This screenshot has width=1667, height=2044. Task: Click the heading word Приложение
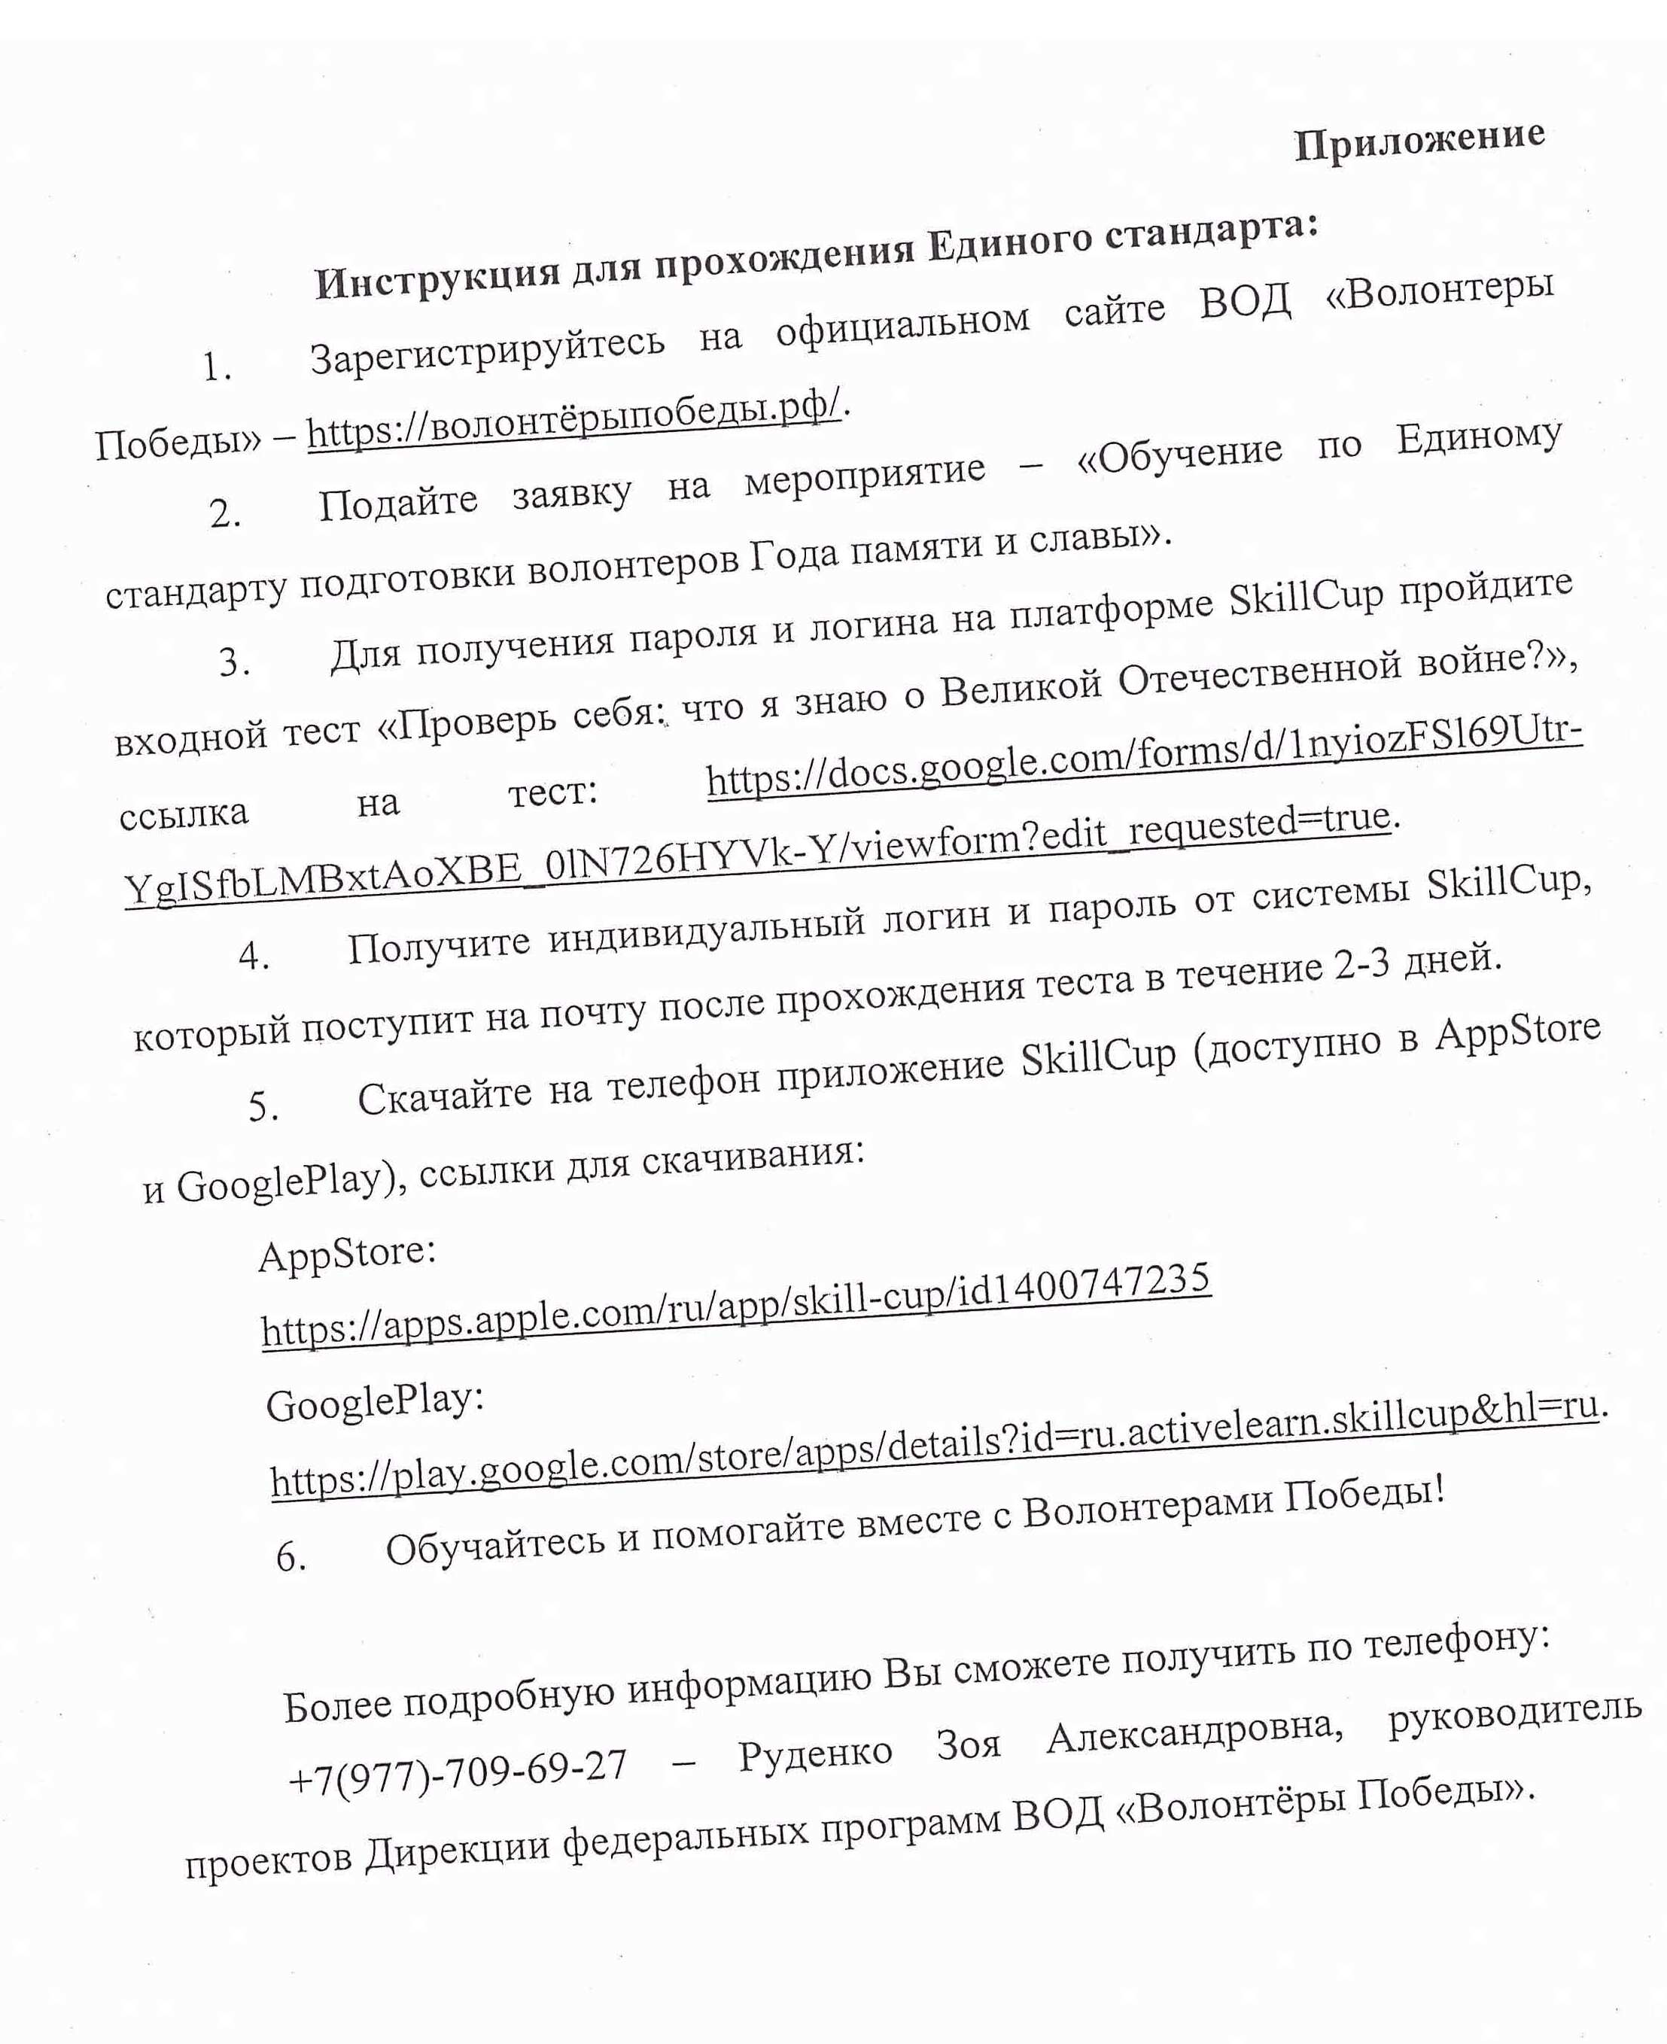pos(1419,142)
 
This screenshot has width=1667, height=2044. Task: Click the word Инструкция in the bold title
pos(437,275)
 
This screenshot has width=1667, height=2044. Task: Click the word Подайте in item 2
pos(397,500)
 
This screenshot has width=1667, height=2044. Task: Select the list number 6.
pos(291,1556)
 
